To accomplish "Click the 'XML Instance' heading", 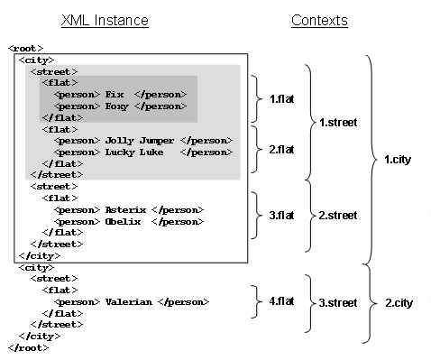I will point(105,20).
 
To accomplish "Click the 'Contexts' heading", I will point(319,20).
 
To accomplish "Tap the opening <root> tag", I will point(25,48).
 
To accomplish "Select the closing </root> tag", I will point(28,347).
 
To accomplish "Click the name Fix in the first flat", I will point(115,94).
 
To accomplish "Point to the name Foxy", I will point(117,106).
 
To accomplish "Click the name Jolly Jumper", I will point(142,141).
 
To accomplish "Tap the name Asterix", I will point(125,209).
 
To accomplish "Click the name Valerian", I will point(128,301).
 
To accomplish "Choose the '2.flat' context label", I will point(282,148).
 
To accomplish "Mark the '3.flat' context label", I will point(282,216).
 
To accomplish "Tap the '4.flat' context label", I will point(282,300).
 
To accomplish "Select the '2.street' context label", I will point(338,216).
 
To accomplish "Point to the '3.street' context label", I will point(338,301).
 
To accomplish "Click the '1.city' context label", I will point(398,160).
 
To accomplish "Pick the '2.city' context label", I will point(398,303).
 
